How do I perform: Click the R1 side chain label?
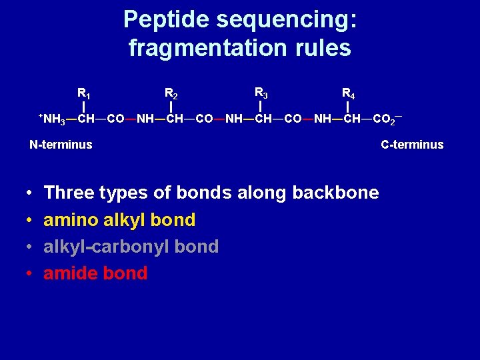click(x=84, y=93)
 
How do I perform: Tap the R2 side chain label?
click(x=171, y=93)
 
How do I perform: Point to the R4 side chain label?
click(x=349, y=93)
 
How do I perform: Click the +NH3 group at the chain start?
click(x=52, y=119)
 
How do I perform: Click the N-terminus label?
click(x=61, y=145)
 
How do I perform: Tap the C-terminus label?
click(x=412, y=145)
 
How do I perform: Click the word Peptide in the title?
click(x=167, y=19)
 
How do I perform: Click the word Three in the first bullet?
click(x=69, y=193)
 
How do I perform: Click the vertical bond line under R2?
click(x=171, y=107)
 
